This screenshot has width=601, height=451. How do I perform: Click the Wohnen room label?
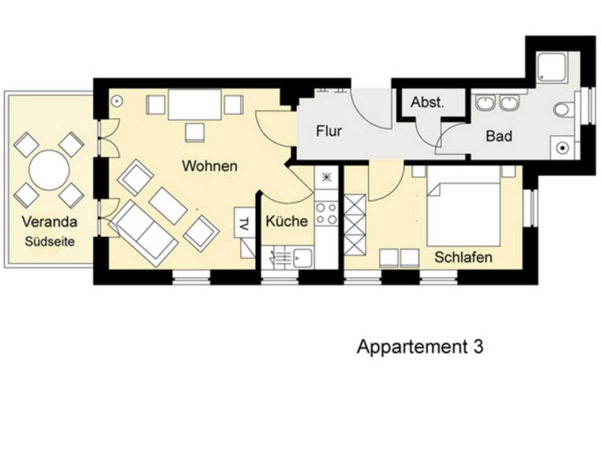[x=210, y=166]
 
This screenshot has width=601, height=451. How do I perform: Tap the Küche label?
[x=286, y=221]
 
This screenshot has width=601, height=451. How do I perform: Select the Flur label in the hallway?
[x=329, y=131]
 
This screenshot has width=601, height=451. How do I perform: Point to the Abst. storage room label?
[x=427, y=102]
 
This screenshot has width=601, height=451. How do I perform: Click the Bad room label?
[x=499, y=136]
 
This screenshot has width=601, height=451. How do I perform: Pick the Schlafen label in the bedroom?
[x=463, y=257]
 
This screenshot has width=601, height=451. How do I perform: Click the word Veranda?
[x=49, y=221]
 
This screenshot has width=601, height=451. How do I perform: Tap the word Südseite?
[x=50, y=242]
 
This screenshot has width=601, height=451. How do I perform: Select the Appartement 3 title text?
[x=420, y=347]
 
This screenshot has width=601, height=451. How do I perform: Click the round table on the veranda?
[x=50, y=170]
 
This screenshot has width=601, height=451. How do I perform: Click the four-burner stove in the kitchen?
[x=326, y=214]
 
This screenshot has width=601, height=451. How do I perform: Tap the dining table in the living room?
[x=195, y=105]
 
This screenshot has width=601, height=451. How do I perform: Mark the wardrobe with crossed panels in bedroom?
[x=354, y=225]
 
